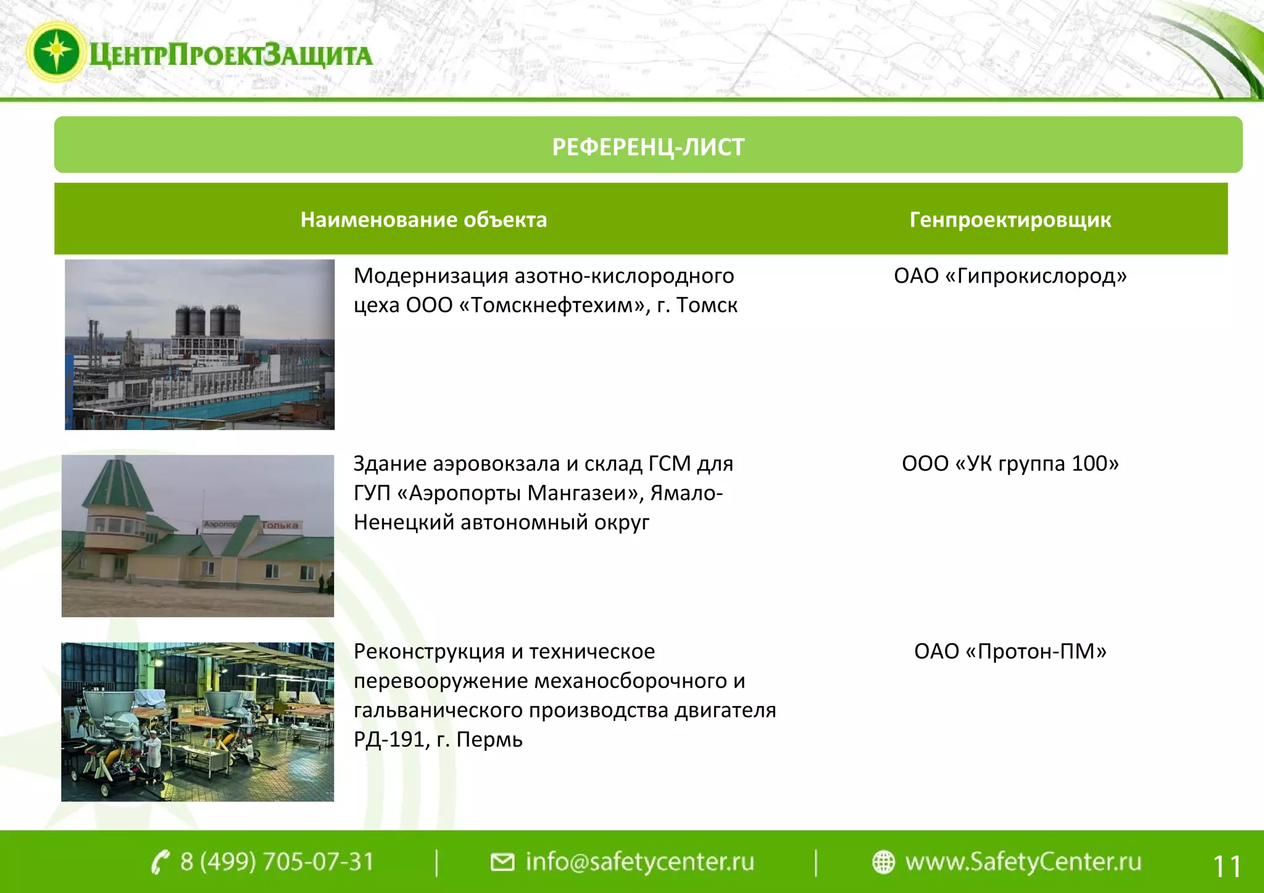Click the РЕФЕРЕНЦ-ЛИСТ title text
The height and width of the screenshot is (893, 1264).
647,147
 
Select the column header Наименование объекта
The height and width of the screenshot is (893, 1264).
423,220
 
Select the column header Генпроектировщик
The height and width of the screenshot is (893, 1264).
1010,220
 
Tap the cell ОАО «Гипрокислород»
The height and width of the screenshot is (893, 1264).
1010,276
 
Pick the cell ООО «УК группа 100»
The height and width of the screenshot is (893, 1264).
1010,463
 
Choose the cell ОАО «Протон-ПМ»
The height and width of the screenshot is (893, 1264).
1010,651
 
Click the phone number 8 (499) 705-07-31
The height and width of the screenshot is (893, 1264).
277,862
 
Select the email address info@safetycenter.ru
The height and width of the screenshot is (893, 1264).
639,862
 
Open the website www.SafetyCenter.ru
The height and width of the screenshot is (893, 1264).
1023,862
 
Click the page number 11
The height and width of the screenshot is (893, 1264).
1226,866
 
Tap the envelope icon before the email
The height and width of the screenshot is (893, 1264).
502,862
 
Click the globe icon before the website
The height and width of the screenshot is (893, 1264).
883,862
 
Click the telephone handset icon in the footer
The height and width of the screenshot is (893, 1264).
160,862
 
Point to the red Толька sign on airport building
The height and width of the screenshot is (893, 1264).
280,525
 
